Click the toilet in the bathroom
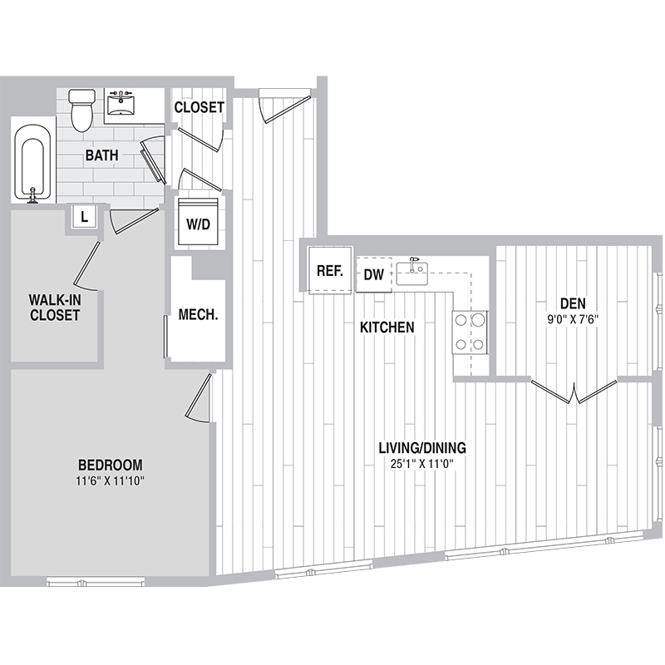[81, 111]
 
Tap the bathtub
[32, 162]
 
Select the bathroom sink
[121, 104]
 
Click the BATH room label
[101, 155]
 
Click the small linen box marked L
[85, 217]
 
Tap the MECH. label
[198, 314]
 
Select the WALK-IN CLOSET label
[55, 308]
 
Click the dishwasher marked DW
[373, 274]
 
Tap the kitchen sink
[411, 272]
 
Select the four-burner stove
[470, 332]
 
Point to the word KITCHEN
[387, 328]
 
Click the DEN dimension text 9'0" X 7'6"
[573, 319]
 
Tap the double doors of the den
[574, 392]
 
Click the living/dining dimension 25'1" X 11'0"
[422, 464]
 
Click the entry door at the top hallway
[285, 106]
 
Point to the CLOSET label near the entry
[199, 107]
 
